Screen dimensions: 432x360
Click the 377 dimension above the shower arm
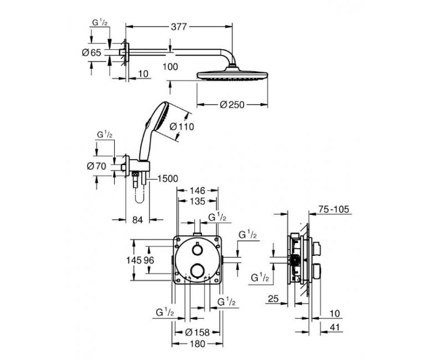(179, 27)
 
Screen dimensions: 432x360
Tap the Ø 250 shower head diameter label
(232, 105)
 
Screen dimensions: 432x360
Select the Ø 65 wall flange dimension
(92, 52)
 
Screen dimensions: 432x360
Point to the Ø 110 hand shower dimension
(182, 127)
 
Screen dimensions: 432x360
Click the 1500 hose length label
(167, 178)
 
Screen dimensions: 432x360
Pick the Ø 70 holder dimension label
(96, 166)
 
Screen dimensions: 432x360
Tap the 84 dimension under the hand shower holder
(137, 220)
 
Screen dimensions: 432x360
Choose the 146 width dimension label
(198, 191)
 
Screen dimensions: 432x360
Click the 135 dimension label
(198, 202)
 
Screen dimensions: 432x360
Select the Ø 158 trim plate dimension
(197, 332)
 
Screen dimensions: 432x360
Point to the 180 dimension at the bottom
(198, 344)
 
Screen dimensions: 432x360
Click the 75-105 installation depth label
(333, 209)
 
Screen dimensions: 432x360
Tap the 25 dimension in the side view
(273, 299)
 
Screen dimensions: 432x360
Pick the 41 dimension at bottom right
(335, 328)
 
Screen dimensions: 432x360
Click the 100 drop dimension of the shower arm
(170, 66)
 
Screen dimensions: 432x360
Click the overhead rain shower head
(232, 74)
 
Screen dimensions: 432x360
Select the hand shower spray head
(159, 116)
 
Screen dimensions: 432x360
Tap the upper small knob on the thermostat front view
(197, 250)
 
